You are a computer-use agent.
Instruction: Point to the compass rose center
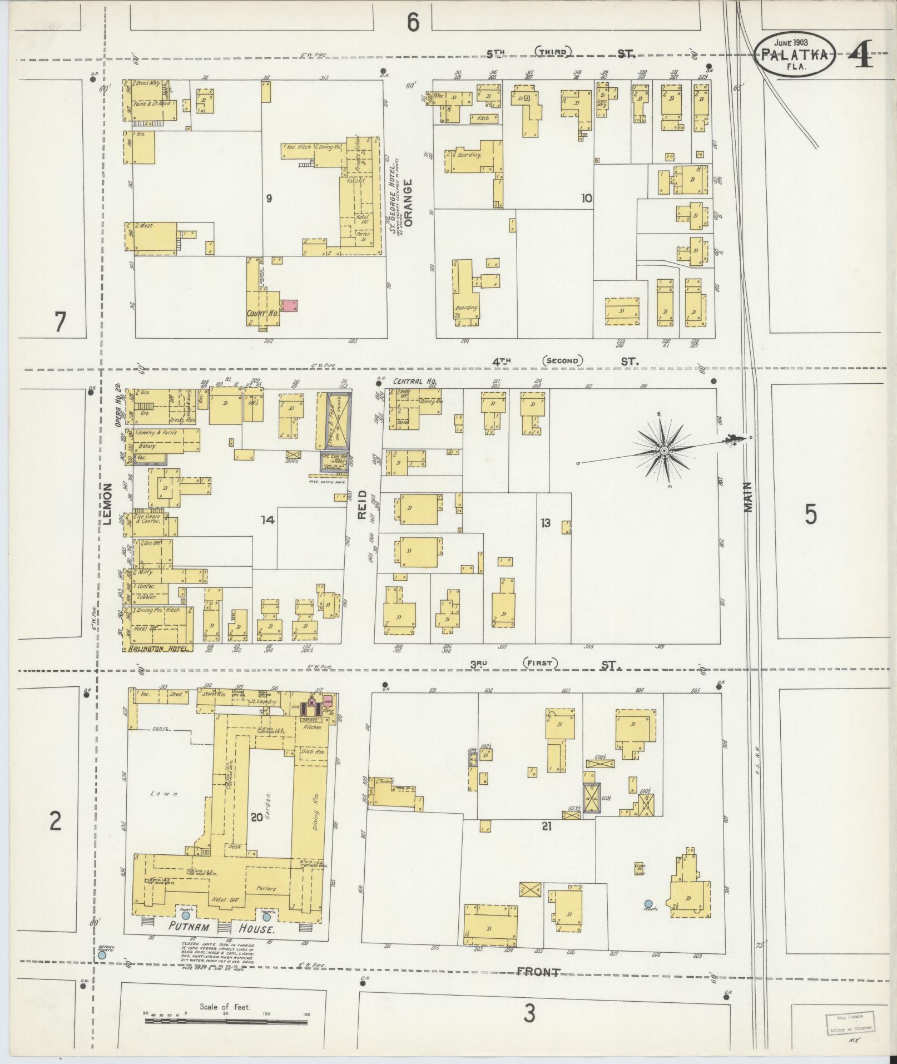click(664, 450)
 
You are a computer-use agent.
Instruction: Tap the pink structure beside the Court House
click(289, 305)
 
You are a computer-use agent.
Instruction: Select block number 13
click(545, 522)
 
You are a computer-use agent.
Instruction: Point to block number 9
click(269, 198)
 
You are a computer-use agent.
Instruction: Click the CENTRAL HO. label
click(414, 382)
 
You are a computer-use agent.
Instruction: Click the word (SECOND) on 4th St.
click(562, 361)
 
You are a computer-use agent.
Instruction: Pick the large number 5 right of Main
click(811, 515)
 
